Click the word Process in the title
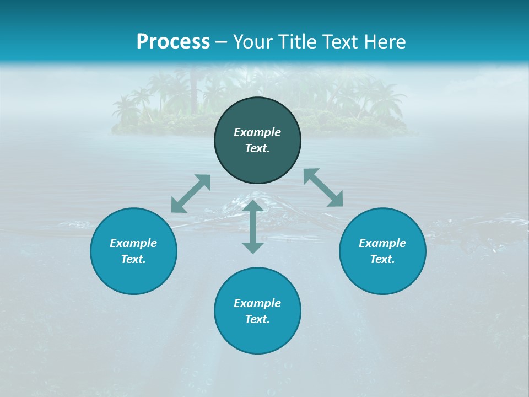pyautogui.click(x=173, y=42)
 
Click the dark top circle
pyautogui.click(x=257, y=116)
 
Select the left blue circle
pyautogui.click(x=133, y=276)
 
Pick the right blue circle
pyautogui.click(x=382, y=276)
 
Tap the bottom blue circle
pyautogui.click(x=257, y=336)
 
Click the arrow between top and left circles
pyautogui.click(x=191, y=194)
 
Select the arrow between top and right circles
pyautogui.click(x=323, y=187)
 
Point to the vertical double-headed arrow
pyautogui.click(x=253, y=227)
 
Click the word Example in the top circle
pyautogui.click(x=257, y=132)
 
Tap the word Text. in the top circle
pyautogui.click(x=257, y=148)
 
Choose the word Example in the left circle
pyautogui.click(x=133, y=243)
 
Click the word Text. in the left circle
pyautogui.click(x=133, y=259)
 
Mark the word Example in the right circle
pyautogui.click(x=382, y=243)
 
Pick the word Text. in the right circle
pyautogui.click(x=382, y=259)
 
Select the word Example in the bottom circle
pyautogui.click(x=257, y=303)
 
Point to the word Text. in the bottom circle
pyautogui.click(x=257, y=319)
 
